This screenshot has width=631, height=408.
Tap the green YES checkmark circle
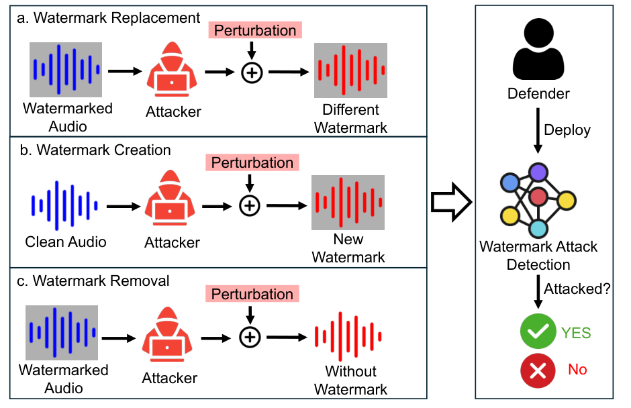(x=538, y=331)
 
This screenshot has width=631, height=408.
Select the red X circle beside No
(x=538, y=370)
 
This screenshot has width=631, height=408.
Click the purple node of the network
(x=538, y=172)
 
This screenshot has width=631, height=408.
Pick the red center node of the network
(x=538, y=197)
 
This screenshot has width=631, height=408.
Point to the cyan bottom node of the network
(x=538, y=228)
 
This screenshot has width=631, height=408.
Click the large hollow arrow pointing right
(x=451, y=202)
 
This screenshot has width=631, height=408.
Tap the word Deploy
(x=567, y=130)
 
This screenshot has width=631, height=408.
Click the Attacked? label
(x=577, y=289)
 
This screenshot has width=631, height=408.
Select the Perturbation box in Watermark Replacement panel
(x=255, y=30)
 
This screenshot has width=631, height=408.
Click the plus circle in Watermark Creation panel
(x=250, y=205)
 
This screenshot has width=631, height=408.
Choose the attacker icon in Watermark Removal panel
(x=167, y=334)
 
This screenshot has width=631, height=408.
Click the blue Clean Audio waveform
(x=64, y=205)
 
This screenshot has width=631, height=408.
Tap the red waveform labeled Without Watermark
(x=348, y=336)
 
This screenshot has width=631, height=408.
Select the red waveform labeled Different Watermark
(x=350, y=70)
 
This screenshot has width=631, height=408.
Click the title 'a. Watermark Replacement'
(x=108, y=17)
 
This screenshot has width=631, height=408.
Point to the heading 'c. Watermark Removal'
(x=93, y=281)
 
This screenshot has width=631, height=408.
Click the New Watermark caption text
(x=348, y=248)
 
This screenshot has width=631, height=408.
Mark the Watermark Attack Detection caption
(x=538, y=256)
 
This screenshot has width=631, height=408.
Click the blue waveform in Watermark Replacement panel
(x=66, y=70)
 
